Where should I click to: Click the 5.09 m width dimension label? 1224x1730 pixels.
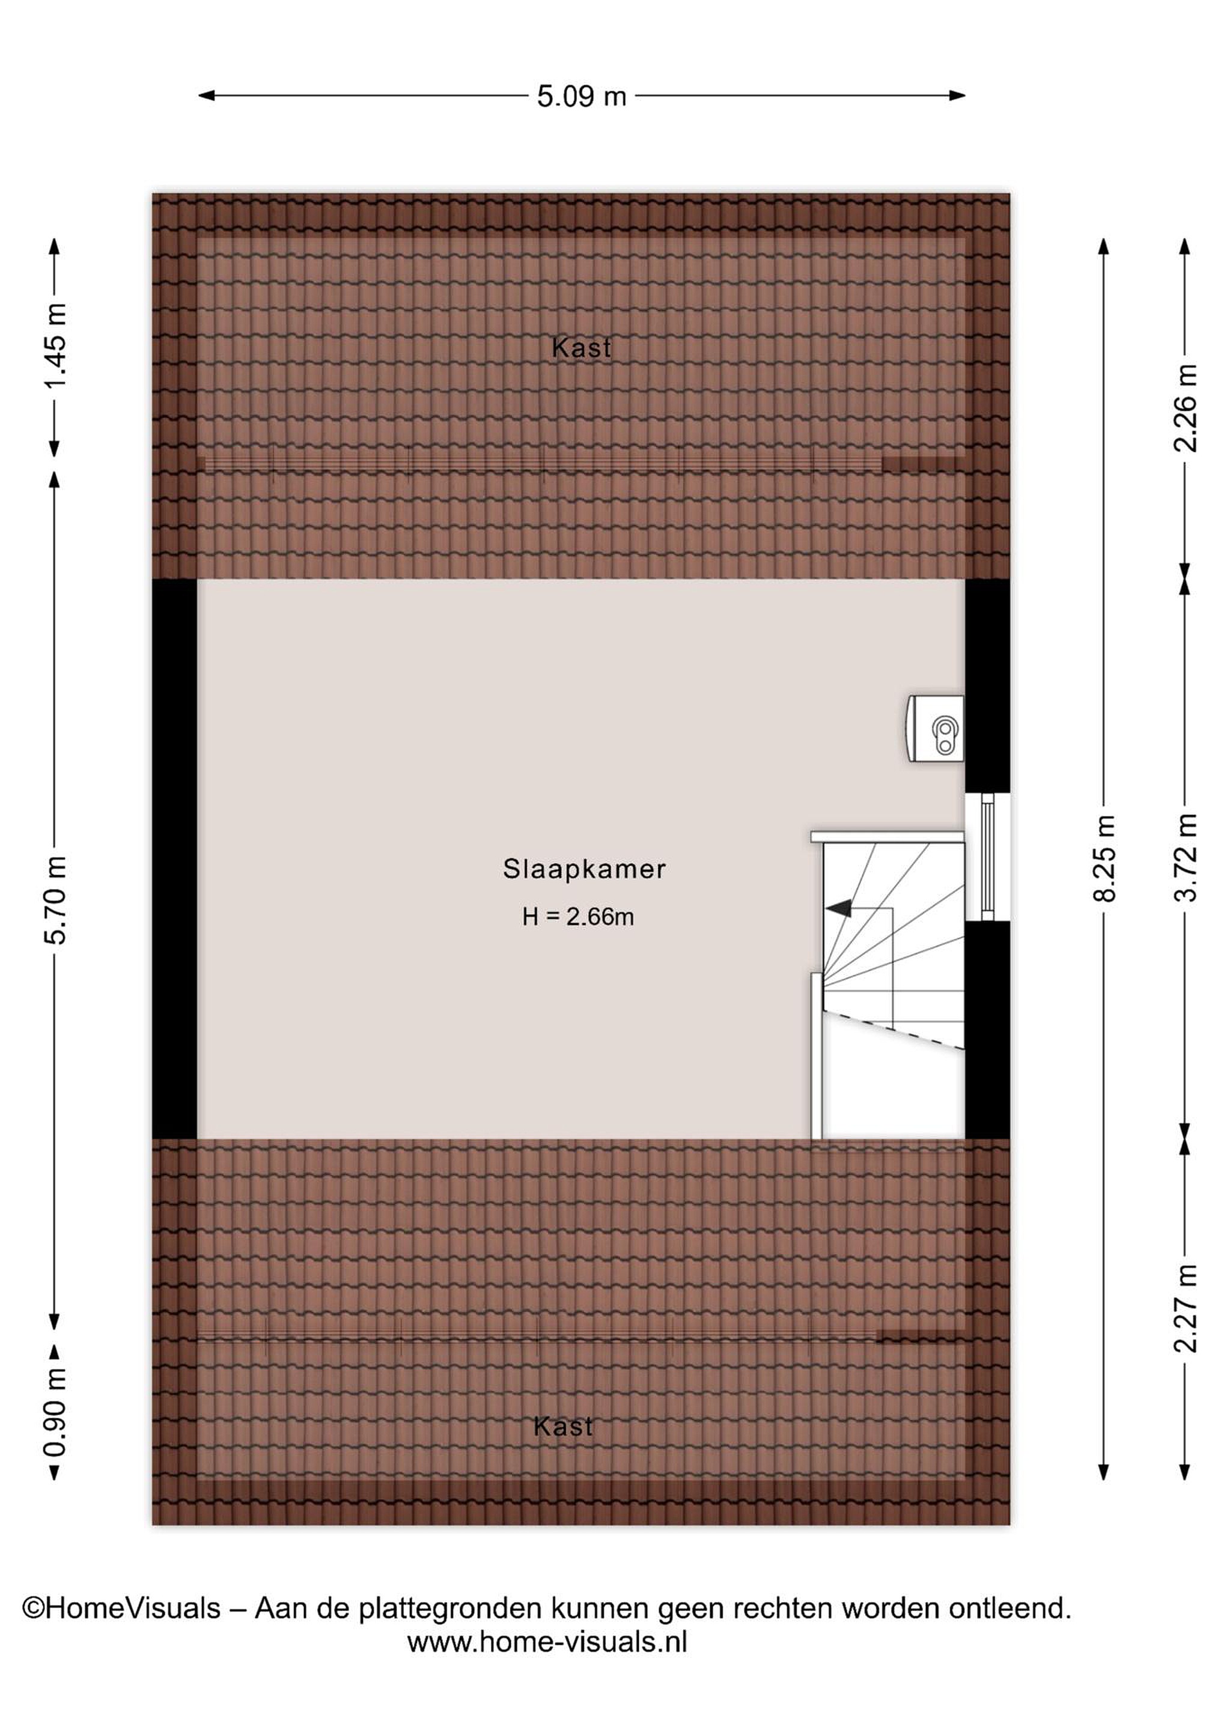[x=581, y=97]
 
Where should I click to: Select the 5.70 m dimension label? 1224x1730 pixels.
[x=56, y=900]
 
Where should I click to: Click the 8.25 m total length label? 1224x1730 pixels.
[x=1104, y=858]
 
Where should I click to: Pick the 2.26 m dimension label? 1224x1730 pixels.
[x=1186, y=408]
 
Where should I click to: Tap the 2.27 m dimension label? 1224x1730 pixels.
[x=1186, y=1309]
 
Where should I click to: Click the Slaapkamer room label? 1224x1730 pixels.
[x=584, y=870]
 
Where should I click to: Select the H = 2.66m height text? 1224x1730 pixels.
[x=578, y=917]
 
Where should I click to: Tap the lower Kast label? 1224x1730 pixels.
[x=563, y=1426]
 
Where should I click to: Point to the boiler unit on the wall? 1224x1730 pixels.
[x=936, y=729]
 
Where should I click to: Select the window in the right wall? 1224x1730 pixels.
[x=987, y=857]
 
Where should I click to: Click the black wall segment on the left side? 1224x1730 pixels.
[x=174, y=859]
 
